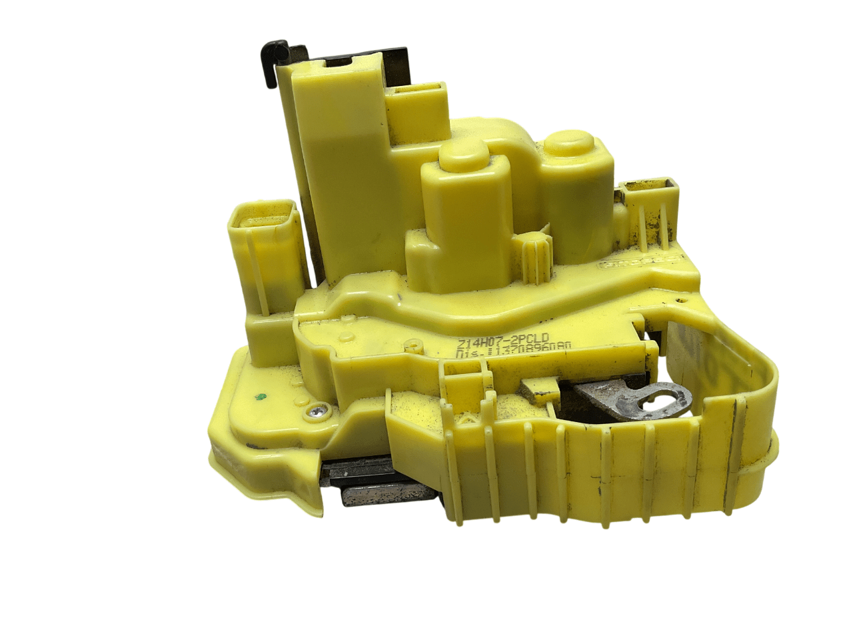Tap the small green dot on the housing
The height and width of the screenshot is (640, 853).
(x=261, y=397)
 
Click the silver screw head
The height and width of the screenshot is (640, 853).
(x=314, y=413)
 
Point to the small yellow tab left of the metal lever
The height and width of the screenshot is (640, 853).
(x=542, y=390)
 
